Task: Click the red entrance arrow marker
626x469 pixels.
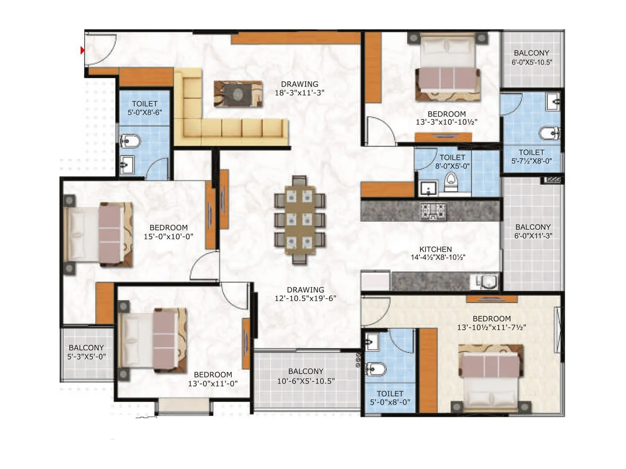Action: [83, 50]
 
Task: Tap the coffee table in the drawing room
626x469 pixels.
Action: [238, 94]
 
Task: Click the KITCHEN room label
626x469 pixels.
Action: [435, 249]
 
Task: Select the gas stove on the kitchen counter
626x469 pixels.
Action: [433, 211]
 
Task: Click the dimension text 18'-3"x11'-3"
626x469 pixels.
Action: [299, 93]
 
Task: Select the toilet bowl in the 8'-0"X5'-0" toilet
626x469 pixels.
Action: [452, 182]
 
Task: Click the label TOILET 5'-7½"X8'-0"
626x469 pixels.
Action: [531, 157]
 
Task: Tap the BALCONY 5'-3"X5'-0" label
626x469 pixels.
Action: [86, 352]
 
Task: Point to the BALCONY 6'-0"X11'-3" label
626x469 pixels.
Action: [533, 231]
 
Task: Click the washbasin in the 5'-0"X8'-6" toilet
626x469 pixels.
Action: [127, 163]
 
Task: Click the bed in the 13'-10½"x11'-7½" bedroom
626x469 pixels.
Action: [491, 377]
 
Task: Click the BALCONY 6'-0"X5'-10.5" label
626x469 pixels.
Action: [532, 57]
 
